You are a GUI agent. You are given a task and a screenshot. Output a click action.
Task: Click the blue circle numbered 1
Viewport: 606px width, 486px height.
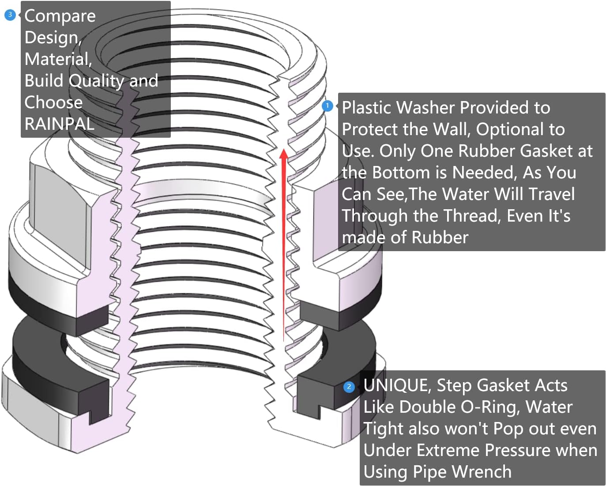coord(327,106)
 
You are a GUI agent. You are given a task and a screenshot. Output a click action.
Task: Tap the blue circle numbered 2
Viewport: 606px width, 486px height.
coord(349,387)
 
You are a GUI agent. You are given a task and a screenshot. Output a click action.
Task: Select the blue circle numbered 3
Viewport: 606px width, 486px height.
coord(10,15)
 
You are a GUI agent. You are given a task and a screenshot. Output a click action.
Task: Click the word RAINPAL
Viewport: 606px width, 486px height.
coord(60,124)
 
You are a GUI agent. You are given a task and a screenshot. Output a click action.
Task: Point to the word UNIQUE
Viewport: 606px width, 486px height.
coord(397,385)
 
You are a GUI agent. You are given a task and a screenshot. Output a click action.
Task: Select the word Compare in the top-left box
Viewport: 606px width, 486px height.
coord(60,16)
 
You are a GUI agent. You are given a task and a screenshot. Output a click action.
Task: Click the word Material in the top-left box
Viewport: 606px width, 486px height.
coord(57,59)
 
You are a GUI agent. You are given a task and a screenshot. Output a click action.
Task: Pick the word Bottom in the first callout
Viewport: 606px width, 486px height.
coord(401,173)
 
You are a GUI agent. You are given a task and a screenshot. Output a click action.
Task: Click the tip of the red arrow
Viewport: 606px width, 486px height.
coord(284,151)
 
